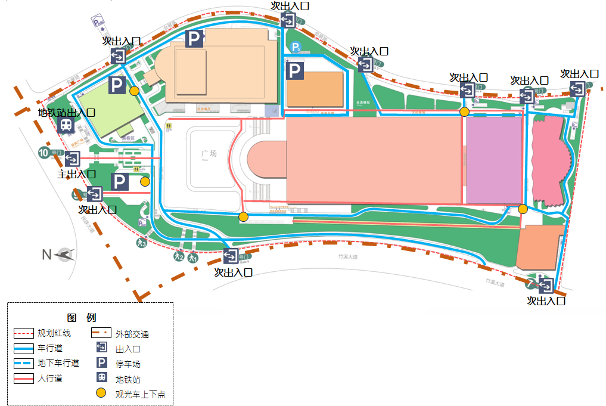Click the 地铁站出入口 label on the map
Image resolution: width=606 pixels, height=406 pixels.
pyautogui.click(x=66, y=112)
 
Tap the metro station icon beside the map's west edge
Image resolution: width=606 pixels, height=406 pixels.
pyautogui.click(x=66, y=125)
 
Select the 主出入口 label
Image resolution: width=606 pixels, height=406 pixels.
pyautogui.click(x=76, y=174)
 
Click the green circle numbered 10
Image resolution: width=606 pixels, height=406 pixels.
pyautogui.click(x=43, y=152)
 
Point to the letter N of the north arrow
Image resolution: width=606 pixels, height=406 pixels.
pyautogui.click(x=46, y=255)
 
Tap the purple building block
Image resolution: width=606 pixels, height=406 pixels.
pyautogui.click(x=493, y=161)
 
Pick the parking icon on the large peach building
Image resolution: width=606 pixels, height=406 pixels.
pyautogui.click(x=194, y=39)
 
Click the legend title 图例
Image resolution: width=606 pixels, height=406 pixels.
pyautogui.click(x=82, y=318)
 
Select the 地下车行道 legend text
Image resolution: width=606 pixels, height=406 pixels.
pyautogui.click(x=58, y=363)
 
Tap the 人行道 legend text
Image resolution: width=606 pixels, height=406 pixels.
pyautogui.click(x=49, y=378)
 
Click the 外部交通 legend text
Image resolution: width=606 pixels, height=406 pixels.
pyautogui.click(x=132, y=334)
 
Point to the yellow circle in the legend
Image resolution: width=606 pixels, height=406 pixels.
pyautogui.click(x=101, y=393)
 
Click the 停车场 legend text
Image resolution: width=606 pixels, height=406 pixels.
pyautogui.click(x=128, y=364)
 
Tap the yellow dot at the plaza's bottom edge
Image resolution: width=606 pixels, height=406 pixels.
pyautogui.click(x=243, y=216)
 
